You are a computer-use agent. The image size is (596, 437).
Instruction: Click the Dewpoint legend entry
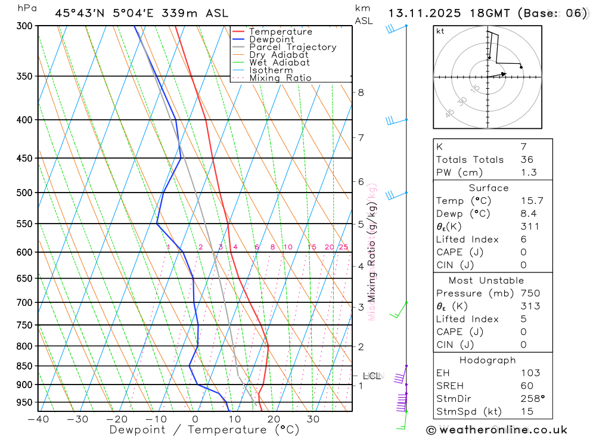(x=271, y=39)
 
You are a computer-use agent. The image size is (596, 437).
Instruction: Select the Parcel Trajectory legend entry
(x=292, y=47)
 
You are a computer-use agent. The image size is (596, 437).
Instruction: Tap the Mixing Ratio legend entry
(x=280, y=78)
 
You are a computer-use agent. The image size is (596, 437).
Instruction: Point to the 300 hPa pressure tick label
(x=24, y=26)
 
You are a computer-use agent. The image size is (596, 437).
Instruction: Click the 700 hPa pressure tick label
(x=24, y=302)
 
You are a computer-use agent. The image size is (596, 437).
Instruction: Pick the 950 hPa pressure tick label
(x=24, y=402)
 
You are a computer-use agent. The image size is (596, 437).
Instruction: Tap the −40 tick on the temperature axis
(x=38, y=419)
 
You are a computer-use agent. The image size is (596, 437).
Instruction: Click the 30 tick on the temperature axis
(x=313, y=419)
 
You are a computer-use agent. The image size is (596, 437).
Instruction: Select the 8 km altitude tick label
(x=361, y=92)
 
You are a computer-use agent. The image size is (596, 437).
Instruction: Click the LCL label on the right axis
(x=371, y=376)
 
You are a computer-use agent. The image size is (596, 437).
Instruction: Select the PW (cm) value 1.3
(x=529, y=172)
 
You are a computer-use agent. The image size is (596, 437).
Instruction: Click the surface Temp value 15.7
(x=532, y=201)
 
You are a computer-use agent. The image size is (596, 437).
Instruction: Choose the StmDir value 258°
(x=532, y=399)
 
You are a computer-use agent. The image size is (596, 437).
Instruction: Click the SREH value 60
(x=527, y=386)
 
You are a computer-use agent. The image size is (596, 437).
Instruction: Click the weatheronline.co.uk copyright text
(x=497, y=430)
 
